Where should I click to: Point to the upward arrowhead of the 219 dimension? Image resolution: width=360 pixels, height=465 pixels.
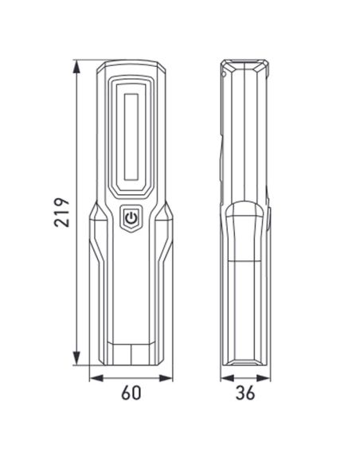tap(76, 64)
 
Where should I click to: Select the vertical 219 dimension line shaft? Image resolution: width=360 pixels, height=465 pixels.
tap(76, 159)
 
